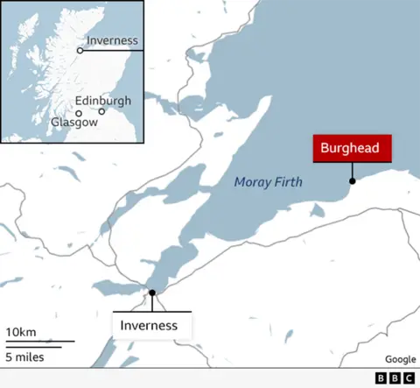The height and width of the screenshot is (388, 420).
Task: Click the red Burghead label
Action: (350, 149)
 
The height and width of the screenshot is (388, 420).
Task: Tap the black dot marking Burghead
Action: (353, 181)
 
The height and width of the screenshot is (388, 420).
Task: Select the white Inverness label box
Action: (151, 325)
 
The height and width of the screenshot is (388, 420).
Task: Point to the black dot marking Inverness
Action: (152, 293)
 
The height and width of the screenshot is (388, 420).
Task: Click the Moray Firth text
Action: (268, 182)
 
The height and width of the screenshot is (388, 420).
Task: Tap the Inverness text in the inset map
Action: (112, 40)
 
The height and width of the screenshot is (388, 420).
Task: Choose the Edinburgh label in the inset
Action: (102, 101)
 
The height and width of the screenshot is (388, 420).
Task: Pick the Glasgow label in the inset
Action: (74, 123)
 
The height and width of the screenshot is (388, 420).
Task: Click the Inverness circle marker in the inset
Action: (80, 51)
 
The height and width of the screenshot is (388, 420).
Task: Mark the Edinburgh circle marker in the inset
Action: (101, 112)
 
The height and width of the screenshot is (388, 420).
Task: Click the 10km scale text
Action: (20, 332)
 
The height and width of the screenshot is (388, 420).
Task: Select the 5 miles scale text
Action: (24, 356)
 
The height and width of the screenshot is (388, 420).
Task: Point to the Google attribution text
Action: (400, 360)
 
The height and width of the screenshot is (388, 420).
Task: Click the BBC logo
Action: (395, 378)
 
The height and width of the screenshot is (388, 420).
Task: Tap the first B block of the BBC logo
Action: (381, 378)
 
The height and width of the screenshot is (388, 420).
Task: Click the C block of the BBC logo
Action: (409, 378)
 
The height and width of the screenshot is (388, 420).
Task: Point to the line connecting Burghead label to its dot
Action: (353, 171)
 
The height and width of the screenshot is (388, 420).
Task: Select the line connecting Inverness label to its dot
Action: (152, 303)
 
